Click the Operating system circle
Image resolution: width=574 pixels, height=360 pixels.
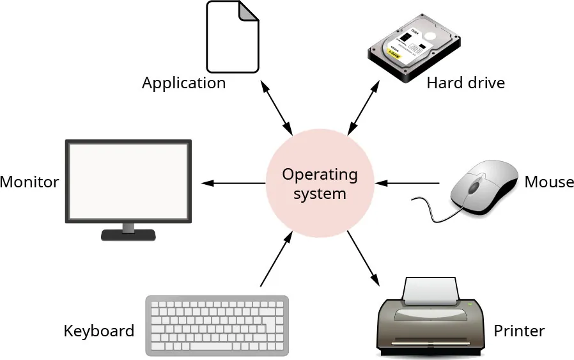[x=320, y=183]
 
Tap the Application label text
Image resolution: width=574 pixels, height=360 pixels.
[x=183, y=83]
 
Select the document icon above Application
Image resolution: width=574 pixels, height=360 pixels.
[x=233, y=36]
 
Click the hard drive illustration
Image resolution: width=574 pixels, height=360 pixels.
[x=415, y=49]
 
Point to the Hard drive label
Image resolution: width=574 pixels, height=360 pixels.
[x=465, y=82]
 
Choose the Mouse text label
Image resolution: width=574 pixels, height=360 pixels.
[x=549, y=182]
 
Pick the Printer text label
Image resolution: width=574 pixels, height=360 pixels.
[x=519, y=331]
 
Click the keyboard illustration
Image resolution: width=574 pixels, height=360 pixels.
[x=217, y=325]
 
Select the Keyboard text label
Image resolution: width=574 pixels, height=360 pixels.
[x=99, y=331]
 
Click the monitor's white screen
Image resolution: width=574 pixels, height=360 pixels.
[x=128, y=180]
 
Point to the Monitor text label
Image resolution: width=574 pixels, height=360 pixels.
[x=29, y=182]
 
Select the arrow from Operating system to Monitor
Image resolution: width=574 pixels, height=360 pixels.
[x=233, y=184]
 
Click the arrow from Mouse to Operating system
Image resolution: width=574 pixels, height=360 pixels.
[x=407, y=184]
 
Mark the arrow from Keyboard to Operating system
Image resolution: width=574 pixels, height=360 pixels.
[x=276, y=260]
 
